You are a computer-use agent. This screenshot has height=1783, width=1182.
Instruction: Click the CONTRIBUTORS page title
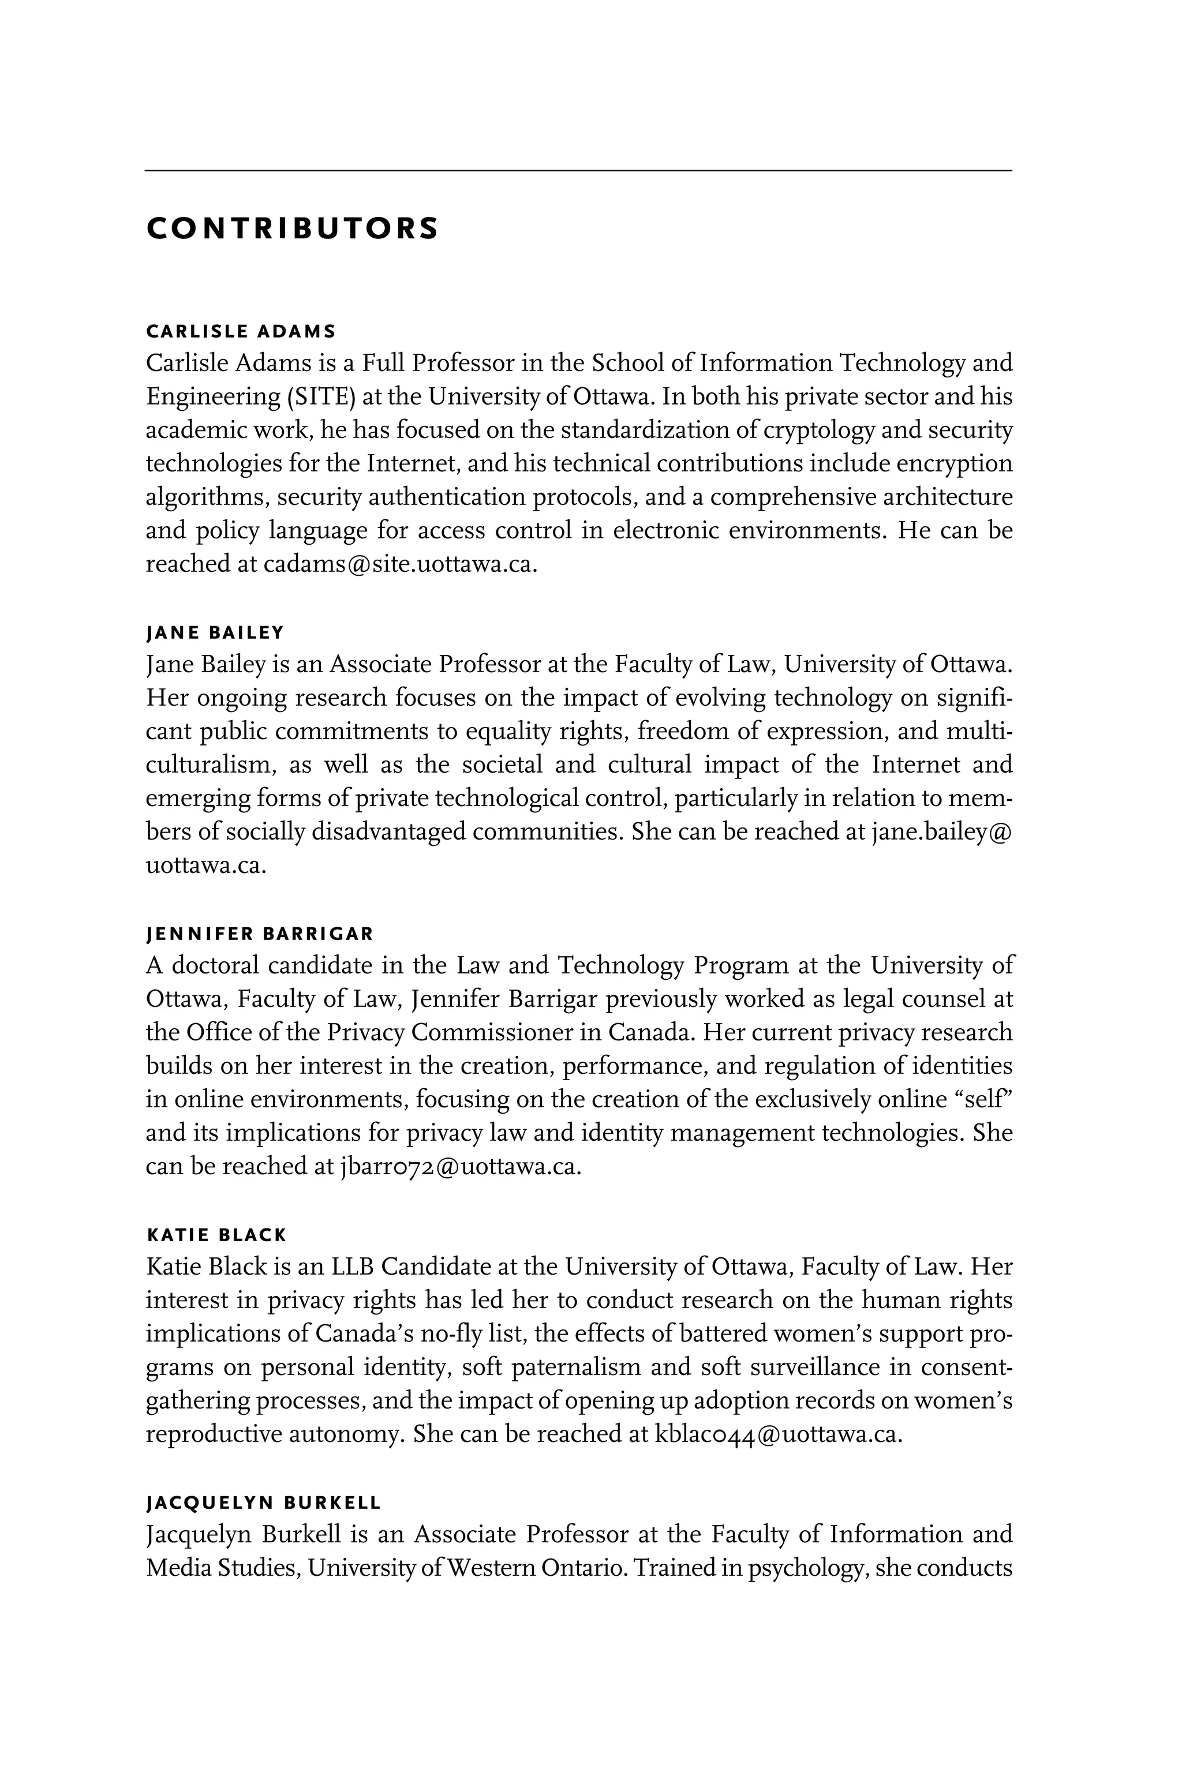tap(291, 229)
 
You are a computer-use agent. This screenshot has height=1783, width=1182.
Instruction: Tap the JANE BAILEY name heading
tap(215, 632)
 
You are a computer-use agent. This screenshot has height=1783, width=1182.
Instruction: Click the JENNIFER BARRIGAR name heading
tap(259, 934)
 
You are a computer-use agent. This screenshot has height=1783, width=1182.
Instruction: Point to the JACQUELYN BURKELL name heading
tap(263, 1503)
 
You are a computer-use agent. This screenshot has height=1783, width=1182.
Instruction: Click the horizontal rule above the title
tap(578, 171)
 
